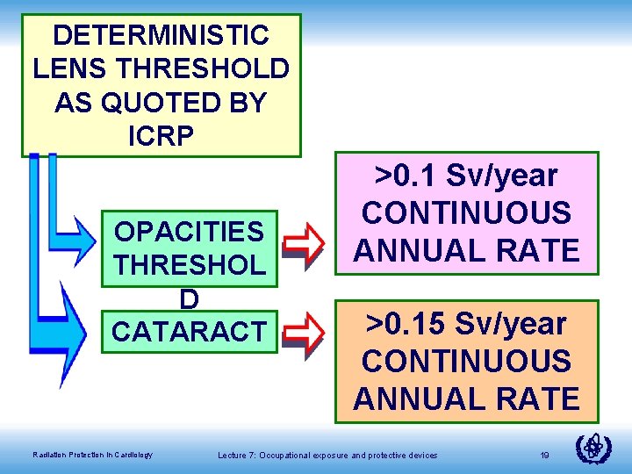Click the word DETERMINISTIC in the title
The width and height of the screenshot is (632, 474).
161,35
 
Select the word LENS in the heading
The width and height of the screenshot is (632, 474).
67,68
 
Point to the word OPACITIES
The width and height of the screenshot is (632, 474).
189,232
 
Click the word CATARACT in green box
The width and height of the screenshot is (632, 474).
189,332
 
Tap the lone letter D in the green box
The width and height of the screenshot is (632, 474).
189,298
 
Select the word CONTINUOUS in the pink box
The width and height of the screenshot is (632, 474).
466,213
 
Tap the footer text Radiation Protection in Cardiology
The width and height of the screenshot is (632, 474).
92,454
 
